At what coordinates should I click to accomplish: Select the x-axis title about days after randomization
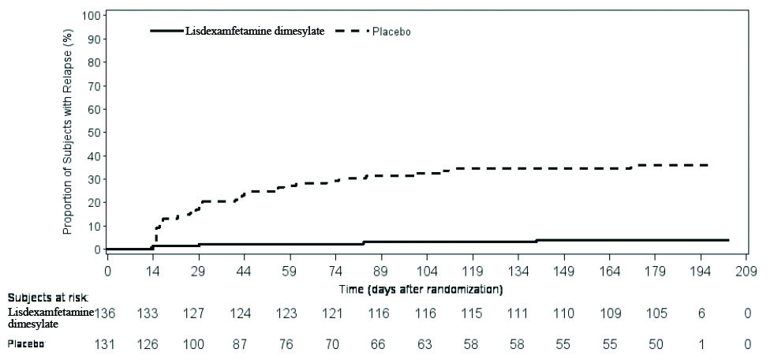421,289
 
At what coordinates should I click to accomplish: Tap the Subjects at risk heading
48,298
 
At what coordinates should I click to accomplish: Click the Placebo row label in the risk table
26,344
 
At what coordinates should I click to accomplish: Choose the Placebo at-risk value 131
107,344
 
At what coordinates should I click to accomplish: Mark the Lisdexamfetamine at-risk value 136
107,314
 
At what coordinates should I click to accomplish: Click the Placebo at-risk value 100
193,344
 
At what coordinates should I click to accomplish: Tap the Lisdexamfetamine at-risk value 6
701,314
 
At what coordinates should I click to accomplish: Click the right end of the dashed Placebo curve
708,165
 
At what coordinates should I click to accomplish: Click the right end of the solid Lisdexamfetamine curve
727,239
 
